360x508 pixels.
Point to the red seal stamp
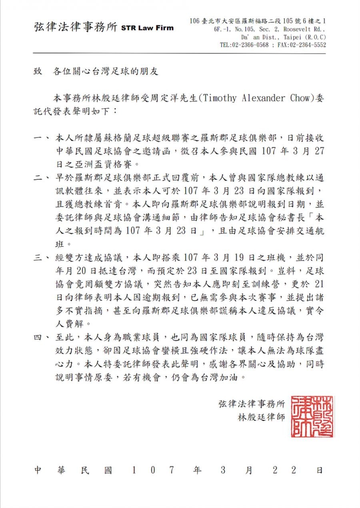pos(312,416)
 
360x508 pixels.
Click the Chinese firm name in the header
pos(76,28)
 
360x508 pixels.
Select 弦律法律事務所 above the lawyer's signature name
pos(252,403)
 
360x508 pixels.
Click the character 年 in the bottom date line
pos(197,470)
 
